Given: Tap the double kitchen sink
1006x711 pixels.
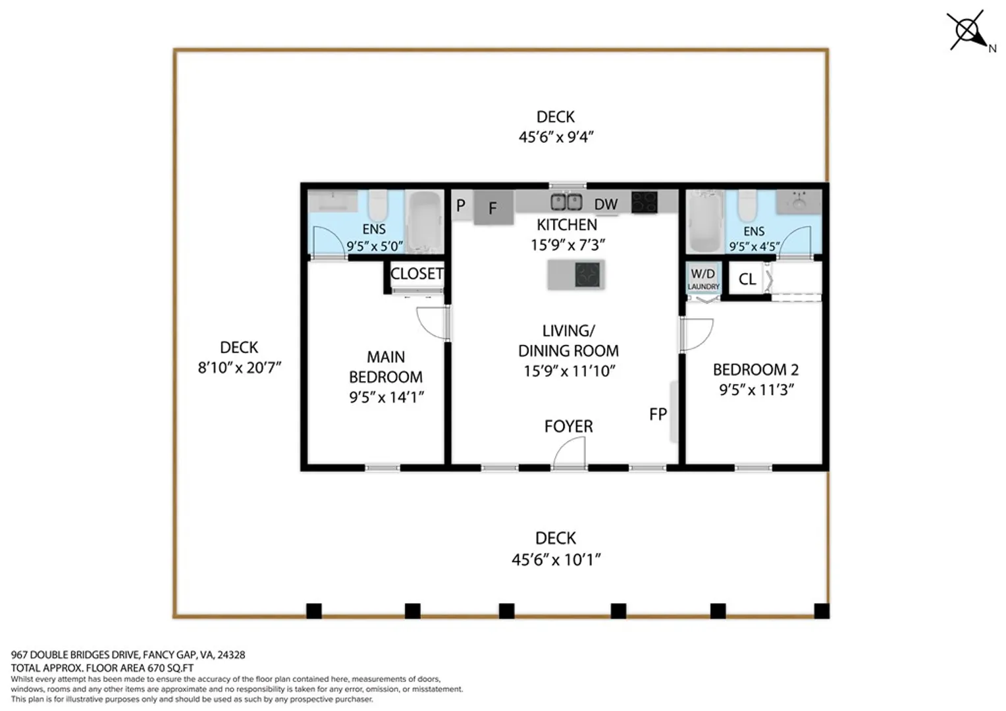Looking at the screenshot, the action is [566, 202].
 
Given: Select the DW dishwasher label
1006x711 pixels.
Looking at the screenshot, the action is [606, 204].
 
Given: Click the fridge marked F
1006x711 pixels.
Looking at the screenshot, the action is [494, 207].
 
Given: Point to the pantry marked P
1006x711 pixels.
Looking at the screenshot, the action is [462, 205].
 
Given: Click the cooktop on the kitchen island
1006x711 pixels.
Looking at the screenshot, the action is [587, 275].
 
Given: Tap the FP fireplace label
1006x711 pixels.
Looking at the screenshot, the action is [658, 414].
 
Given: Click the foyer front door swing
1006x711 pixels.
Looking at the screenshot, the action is [569, 452].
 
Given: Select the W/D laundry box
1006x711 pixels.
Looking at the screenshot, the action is [704, 278].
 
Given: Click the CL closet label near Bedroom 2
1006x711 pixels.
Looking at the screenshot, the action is [747, 279].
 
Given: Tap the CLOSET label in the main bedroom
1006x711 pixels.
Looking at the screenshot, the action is [417, 273].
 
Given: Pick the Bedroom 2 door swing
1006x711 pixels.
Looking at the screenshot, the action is [697, 334].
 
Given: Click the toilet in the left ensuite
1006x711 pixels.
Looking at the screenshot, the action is [378, 205].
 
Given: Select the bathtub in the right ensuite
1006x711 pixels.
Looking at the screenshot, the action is [704, 221].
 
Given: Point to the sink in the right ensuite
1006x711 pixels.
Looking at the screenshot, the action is [799, 201].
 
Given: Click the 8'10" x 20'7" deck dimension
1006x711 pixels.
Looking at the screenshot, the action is [240, 368].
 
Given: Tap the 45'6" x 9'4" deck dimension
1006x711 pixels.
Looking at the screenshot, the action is [556, 136].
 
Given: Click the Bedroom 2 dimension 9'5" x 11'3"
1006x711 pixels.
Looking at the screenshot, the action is [756, 390].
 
